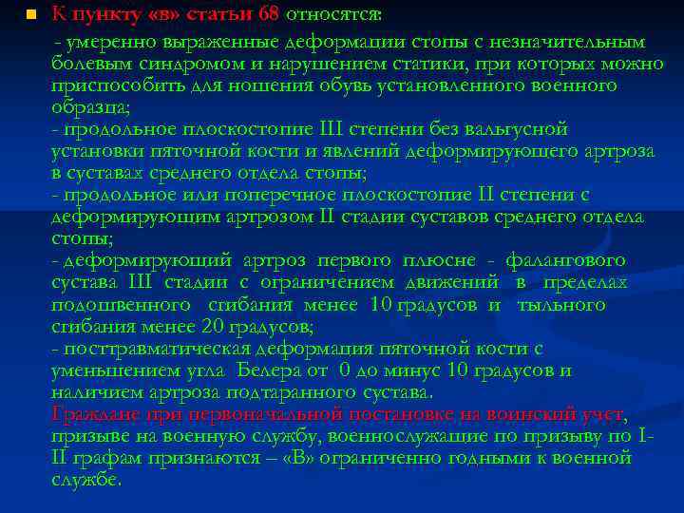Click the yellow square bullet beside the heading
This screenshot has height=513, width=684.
point(30,15)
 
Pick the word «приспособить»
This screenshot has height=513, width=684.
point(110,86)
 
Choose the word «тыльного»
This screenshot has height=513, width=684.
point(561,305)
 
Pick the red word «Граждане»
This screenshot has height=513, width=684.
point(93,413)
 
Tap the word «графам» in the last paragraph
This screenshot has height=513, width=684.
point(104,457)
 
